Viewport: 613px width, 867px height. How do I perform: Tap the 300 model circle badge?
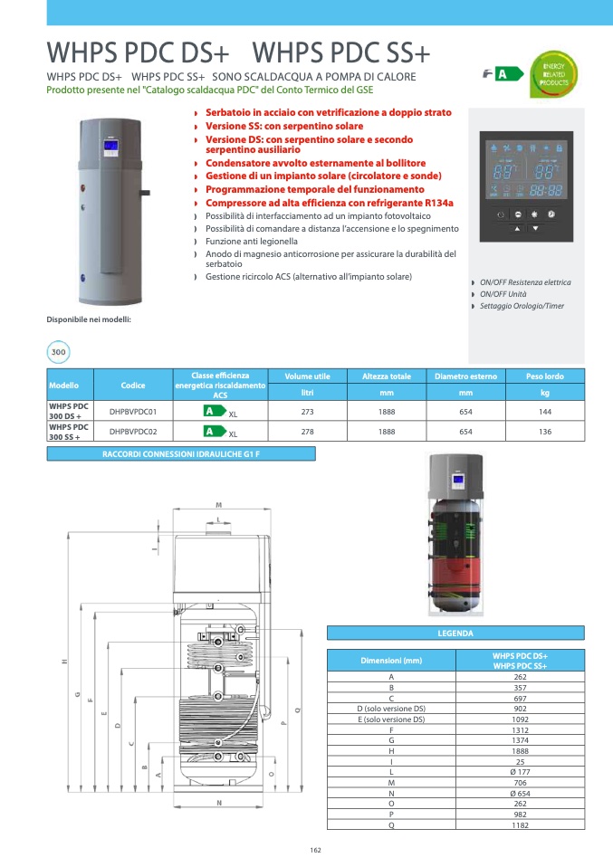click(x=59, y=352)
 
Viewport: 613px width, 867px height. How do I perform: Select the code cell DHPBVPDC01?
click(x=133, y=412)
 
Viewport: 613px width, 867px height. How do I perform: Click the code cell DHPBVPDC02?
click(x=133, y=432)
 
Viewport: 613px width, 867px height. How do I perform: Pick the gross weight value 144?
click(x=545, y=412)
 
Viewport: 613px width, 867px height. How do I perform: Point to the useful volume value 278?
click(x=307, y=432)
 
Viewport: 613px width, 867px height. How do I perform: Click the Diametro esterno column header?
click(x=465, y=376)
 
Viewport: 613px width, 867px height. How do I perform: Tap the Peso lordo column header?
click(x=545, y=376)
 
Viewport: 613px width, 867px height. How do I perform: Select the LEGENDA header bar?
click(x=455, y=634)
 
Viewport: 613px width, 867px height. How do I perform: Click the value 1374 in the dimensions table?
click(x=520, y=740)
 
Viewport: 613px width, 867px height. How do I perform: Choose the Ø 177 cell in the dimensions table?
click(x=520, y=772)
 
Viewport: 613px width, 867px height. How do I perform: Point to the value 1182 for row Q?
click(x=520, y=824)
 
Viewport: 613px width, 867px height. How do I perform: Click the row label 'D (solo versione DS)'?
click(x=391, y=709)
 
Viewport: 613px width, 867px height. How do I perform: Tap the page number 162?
click(x=316, y=850)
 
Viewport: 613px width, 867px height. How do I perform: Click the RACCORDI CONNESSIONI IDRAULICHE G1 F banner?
click(x=181, y=453)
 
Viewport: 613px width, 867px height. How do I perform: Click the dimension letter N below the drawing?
click(x=219, y=804)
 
